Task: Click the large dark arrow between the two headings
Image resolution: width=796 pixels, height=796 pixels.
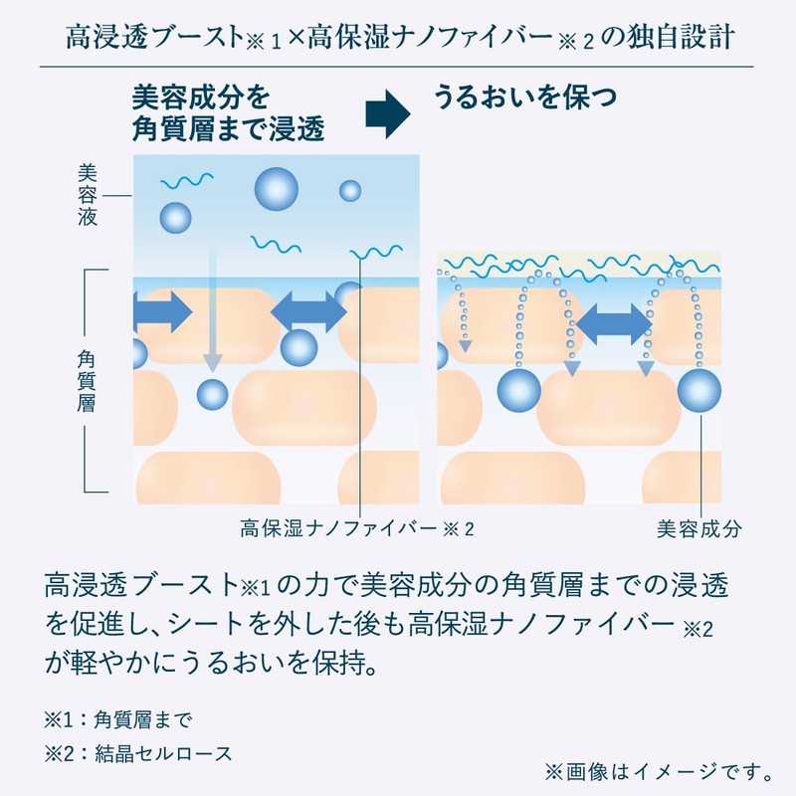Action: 388,114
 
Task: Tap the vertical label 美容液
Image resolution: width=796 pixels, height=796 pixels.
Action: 87,195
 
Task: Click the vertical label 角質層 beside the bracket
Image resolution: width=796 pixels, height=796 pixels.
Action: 87,381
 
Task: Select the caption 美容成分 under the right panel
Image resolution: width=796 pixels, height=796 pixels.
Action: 698,529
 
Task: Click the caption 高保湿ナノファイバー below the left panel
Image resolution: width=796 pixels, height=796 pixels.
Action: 338,529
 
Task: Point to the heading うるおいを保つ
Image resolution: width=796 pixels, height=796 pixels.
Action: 525,97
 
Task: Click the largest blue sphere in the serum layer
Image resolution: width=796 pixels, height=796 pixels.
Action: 277,189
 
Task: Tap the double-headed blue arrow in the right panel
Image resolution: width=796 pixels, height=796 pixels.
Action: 614,325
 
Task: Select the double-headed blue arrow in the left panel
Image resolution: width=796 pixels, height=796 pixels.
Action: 308,311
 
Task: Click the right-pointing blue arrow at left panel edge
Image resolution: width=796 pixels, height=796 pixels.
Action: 162,311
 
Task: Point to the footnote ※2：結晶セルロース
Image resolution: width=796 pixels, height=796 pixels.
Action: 138,754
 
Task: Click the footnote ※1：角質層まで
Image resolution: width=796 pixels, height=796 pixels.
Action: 118,719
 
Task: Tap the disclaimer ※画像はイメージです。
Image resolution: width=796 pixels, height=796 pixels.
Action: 659,772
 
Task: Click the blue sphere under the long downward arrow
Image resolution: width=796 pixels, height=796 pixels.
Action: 212,394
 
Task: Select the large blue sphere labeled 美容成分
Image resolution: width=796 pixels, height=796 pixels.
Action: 699,390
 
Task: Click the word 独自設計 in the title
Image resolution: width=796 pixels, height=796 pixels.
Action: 681,37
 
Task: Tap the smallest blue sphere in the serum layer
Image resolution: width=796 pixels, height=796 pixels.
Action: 350,191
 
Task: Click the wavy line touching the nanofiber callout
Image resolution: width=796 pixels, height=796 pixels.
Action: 376,253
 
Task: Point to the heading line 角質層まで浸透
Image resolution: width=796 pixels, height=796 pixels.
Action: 228,128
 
